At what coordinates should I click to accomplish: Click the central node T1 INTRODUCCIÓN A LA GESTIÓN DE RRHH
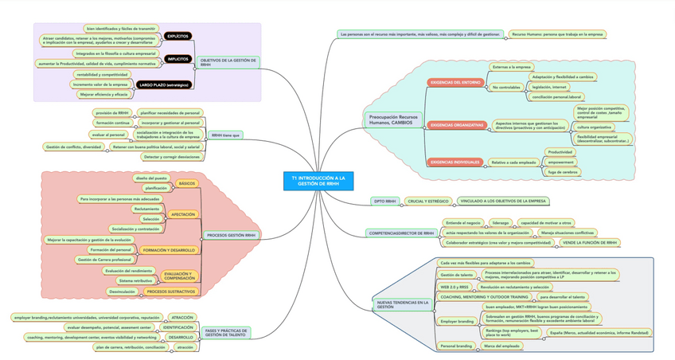(318, 181)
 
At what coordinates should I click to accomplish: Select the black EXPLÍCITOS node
(177, 37)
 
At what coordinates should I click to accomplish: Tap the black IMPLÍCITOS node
(177, 59)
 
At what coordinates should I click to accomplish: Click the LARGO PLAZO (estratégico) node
(163, 84)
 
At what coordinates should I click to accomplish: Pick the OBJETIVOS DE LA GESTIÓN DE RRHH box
(228, 62)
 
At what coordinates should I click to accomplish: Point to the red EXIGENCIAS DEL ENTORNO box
(455, 82)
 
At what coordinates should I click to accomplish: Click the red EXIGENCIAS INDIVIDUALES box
(455, 162)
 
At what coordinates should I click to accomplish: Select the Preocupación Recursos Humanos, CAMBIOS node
(392, 119)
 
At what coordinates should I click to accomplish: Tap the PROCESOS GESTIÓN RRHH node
(231, 236)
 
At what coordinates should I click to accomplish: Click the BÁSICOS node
(187, 184)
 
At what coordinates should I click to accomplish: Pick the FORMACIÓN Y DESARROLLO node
(168, 250)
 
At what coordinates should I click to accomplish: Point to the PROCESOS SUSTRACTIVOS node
(170, 292)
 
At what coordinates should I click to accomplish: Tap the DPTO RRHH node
(384, 202)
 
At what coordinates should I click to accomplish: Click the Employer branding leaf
(456, 322)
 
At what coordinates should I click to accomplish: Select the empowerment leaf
(560, 162)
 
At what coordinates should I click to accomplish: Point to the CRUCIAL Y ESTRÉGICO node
(428, 202)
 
